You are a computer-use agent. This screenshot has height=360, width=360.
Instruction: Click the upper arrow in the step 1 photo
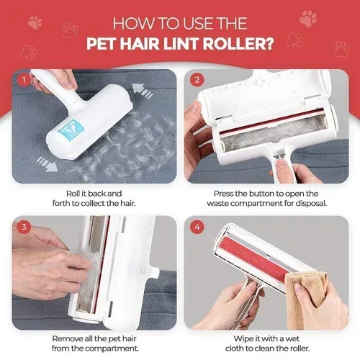(x=145, y=92)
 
